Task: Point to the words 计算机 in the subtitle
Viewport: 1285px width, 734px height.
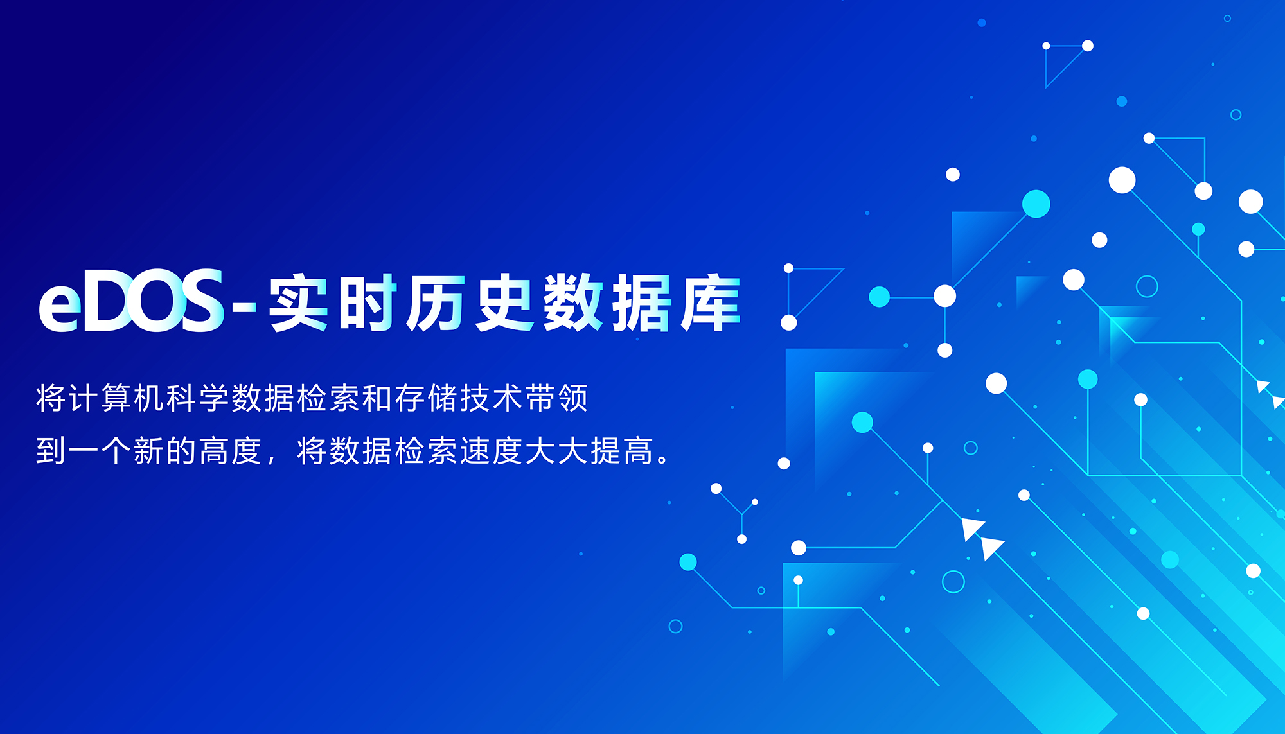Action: (117, 398)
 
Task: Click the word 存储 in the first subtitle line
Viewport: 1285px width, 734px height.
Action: (427, 398)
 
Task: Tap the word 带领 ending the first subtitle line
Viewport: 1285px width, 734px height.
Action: (557, 398)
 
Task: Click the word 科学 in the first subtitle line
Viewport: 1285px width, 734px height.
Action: (199, 398)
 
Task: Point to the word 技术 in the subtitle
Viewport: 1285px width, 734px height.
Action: (492, 398)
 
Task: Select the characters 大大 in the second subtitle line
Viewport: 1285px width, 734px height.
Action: (557, 450)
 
